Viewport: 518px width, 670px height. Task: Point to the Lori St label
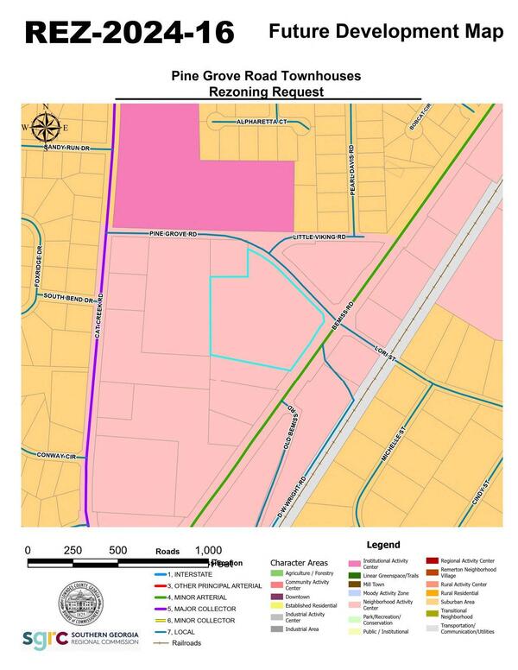(x=385, y=349)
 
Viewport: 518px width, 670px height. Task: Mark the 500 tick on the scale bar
(x=117, y=550)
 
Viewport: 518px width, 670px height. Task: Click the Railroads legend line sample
(x=159, y=643)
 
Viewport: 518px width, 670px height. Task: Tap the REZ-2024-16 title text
(x=129, y=32)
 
